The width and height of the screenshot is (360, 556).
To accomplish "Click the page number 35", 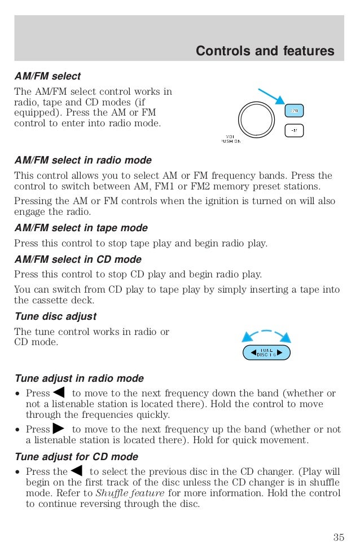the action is click(x=338, y=537).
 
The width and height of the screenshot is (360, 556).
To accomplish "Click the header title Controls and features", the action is click(x=265, y=51).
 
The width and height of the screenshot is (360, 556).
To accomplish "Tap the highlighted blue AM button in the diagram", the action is click(x=294, y=111).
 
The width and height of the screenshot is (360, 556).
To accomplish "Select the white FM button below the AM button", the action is click(x=294, y=131).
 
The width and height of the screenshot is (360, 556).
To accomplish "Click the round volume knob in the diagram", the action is click(x=256, y=120).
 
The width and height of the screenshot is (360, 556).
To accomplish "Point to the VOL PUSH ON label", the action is click(x=230, y=139).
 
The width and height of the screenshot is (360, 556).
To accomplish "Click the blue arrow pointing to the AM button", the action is click(x=271, y=96).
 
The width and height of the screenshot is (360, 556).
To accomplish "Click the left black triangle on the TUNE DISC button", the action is click(x=247, y=353).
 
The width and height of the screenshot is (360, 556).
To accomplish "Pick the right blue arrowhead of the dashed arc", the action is click(x=286, y=337).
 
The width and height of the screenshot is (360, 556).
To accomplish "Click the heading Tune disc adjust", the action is click(x=55, y=316).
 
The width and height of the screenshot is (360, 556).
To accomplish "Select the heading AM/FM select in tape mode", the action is click(x=81, y=228).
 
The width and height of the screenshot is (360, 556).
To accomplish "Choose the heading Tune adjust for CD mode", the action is click(x=76, y=457).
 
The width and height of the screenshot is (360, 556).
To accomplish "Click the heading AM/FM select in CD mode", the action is click(x=78, y=259).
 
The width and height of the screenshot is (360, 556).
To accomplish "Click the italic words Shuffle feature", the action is click(x=130, y=493).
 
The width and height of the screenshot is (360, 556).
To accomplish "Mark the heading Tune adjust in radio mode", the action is click(x=79, y=378).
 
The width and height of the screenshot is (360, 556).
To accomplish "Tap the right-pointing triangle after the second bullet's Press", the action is click(x=58, y=429).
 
